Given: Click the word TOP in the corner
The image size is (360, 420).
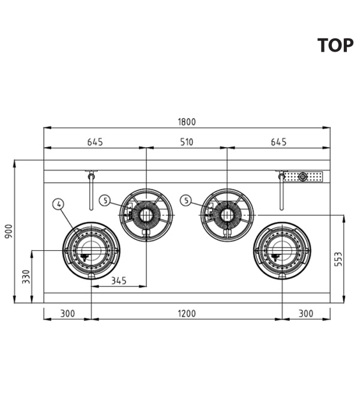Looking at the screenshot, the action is click(x=335, y=45).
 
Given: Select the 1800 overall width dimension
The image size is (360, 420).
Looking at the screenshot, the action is click(x=187, y=122).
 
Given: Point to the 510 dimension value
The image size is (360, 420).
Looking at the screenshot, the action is click(x=187, y=142).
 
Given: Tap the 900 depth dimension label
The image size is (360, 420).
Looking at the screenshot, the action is click(x=9, y=231).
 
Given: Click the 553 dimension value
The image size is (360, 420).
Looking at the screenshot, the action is click(x=338, y=259).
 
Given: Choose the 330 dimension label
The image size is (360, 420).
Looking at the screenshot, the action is click(x=26, y=277).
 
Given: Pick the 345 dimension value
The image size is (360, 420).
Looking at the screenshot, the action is click(x=119, y=281).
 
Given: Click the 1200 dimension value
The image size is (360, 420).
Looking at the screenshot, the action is click(x=187, y=313).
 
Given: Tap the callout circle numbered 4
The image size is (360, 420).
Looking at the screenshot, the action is click(x=59, y=204).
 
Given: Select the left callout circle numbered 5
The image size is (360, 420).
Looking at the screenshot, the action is click(x=105, y=200).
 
